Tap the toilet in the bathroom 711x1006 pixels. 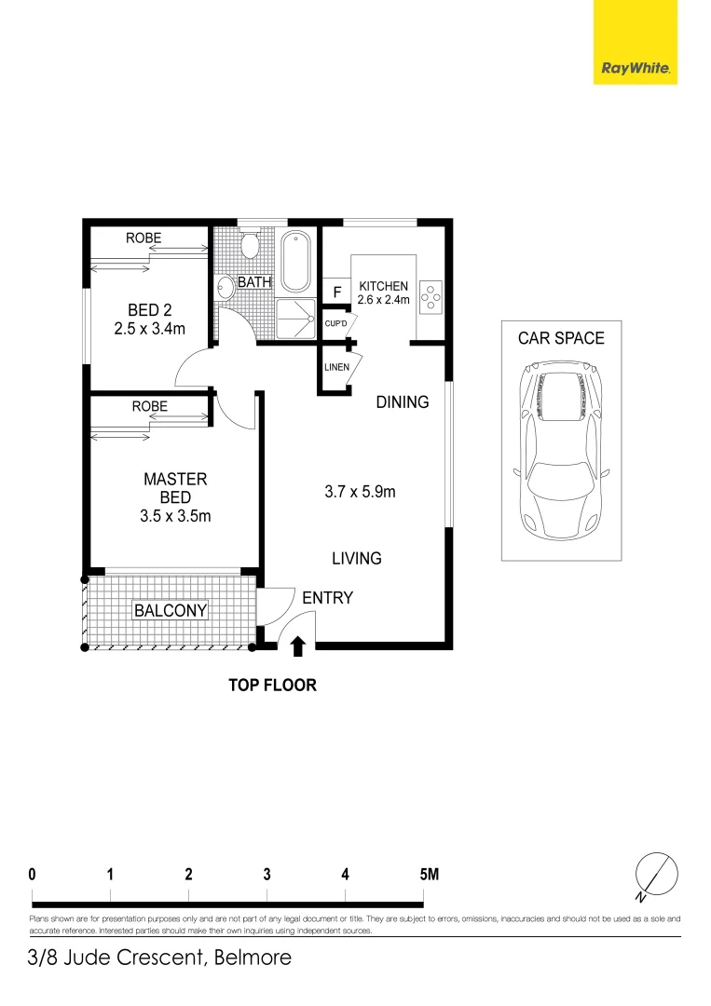point(249,247)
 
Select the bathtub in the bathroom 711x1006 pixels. point(297,261)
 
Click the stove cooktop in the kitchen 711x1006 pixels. point(431,295)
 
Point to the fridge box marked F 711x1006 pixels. point(335,292)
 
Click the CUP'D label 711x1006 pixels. point(335,324)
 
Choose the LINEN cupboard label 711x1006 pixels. point(336,367)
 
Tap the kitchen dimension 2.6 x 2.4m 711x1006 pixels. point(383,300)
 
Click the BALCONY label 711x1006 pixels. point(171,611)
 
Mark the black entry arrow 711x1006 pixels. point(298,646)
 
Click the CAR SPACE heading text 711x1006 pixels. point(561,338)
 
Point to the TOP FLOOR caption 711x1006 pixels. point(273,686)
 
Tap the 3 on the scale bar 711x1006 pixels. point(267,875)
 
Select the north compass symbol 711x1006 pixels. point(653,876)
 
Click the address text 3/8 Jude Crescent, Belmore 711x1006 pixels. point(159,958)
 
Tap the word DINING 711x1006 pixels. point(403,402)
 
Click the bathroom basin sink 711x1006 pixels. point(225,288)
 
